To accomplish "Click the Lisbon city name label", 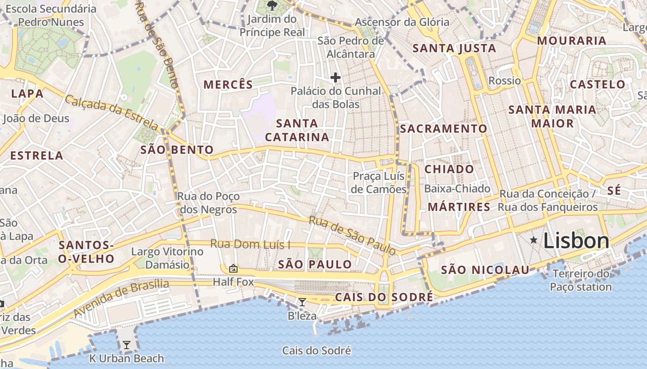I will click(576, 241).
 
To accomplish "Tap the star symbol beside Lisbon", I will click(534, 240).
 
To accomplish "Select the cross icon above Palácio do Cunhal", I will click(336, 77).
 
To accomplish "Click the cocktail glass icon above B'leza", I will click(302, 302).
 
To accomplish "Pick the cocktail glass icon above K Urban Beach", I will click(126, 345).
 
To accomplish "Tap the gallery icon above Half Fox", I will click(233, 268).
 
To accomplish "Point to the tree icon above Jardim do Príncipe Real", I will click(272, 6).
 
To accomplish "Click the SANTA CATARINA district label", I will click(297, 130).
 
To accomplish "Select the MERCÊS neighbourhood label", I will click(228, 84).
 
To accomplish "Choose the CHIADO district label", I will click(449, 169).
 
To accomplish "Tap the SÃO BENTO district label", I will click(177, 149).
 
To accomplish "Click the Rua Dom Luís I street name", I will click(250, 244).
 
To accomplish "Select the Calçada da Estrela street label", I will click(112, 111).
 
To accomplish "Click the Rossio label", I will click(505, 81).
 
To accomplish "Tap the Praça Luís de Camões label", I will click(379, 183).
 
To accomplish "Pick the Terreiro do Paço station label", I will click(581, 280).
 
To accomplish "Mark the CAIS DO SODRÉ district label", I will click(384, 297).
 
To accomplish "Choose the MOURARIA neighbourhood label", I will click(571, 41).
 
